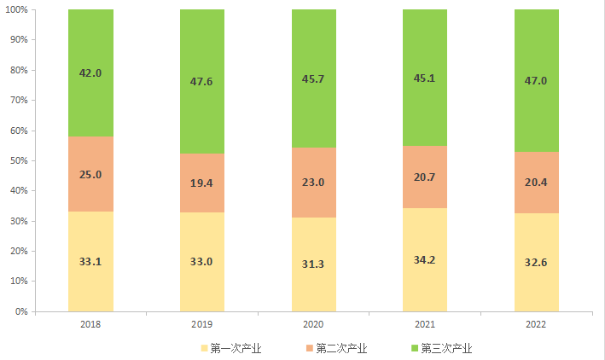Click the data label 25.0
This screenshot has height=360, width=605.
pyautogui.click(x=90, y=174)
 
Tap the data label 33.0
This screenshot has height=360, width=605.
pyautogui.click(x=202, y=261)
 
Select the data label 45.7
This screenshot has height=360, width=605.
pyautogui.click(x=314, y=78)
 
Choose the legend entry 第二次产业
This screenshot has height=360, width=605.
pyautogui.click(x=340, y=348)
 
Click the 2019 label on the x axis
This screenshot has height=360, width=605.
pyautogui.click(x=202, y=324)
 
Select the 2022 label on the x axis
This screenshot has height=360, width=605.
pyautogui.click(x=537, y=324)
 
